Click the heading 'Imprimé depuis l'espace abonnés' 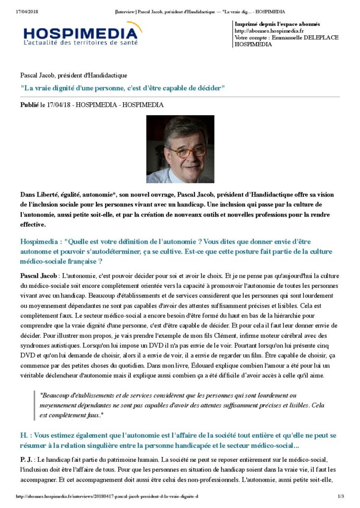[277, 24]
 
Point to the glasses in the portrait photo [188, 151]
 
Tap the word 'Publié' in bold [29, 105]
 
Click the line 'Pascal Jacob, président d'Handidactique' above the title [73, 75]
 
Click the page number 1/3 [341, 496]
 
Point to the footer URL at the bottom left [107, 496]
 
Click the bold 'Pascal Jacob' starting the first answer [39, 275]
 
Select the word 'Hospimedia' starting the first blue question [40, 242]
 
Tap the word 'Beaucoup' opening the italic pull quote [59, 395]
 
